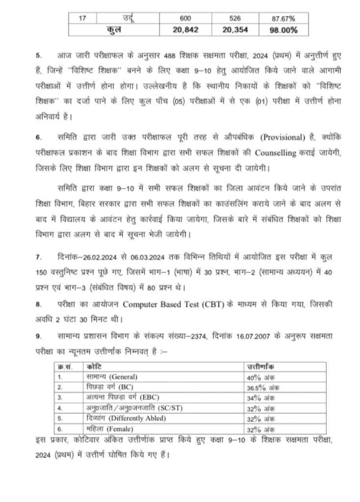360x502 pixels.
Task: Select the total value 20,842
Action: tap(185, 29)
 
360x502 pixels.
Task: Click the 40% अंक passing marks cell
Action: tap(260, 376)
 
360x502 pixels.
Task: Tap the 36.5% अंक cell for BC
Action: tap(263, 387)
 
